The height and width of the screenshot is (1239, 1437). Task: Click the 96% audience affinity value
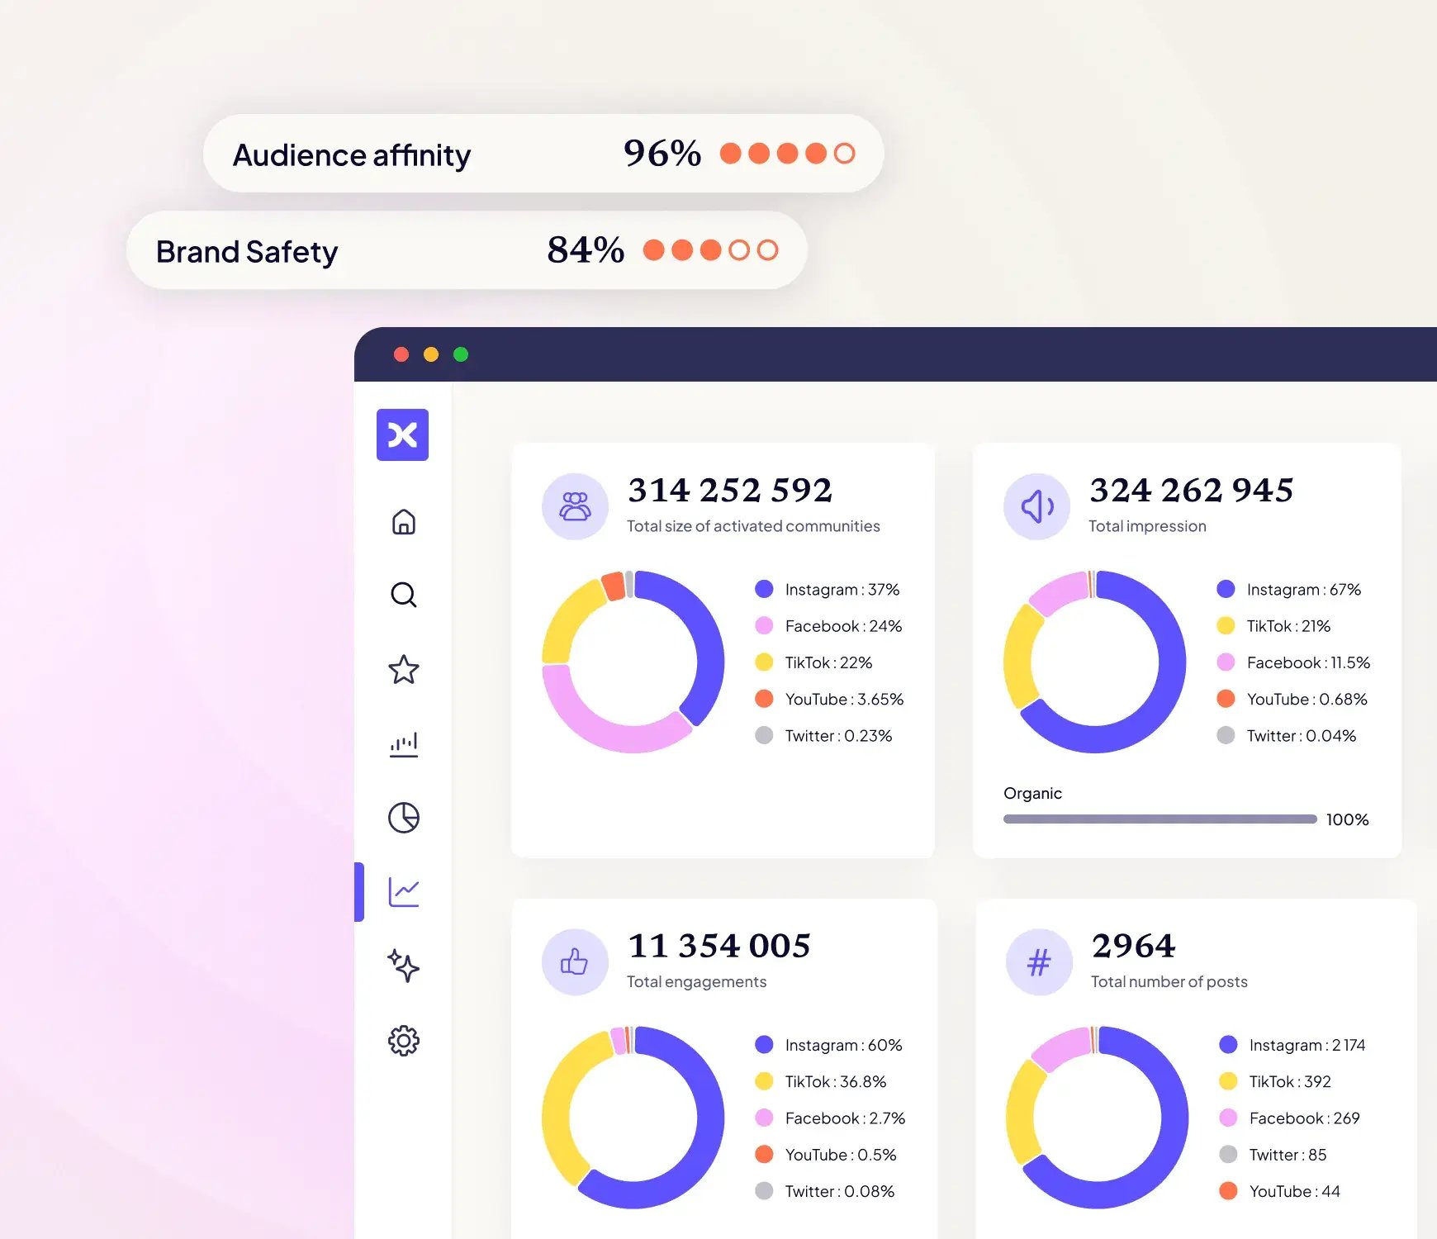point(662,153)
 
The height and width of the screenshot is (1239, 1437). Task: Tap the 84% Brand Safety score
point(586,249)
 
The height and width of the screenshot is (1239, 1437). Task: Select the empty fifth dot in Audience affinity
point(844,154)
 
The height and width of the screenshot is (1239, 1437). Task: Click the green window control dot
point(461,354)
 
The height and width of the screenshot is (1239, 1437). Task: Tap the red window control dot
point(401,354)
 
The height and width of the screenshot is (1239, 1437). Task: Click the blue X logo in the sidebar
point(402,434)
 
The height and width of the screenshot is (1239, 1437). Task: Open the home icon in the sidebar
point(404,522)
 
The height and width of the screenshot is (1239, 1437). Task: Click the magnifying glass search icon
point(404,595)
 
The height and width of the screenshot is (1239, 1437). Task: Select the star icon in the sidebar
point(404,669)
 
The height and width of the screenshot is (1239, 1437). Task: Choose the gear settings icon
point(404,1041)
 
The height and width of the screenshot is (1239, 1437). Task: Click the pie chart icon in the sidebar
point(404,818)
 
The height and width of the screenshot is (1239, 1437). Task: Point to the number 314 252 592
point(730,490)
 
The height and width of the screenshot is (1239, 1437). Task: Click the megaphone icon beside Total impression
point(1037,506)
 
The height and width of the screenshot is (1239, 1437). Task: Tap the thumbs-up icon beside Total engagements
point(575,961)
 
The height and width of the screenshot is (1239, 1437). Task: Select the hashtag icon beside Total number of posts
point(1039,961)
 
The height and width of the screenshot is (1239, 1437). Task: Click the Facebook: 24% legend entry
point(828,626)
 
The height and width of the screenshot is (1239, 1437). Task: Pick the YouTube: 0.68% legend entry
point(1292,699)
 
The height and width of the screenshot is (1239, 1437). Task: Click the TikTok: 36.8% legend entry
point(821,1081)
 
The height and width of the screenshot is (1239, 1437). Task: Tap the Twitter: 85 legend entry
point(1273,1155)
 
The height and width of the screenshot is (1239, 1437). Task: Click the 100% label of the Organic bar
point(1347,819)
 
